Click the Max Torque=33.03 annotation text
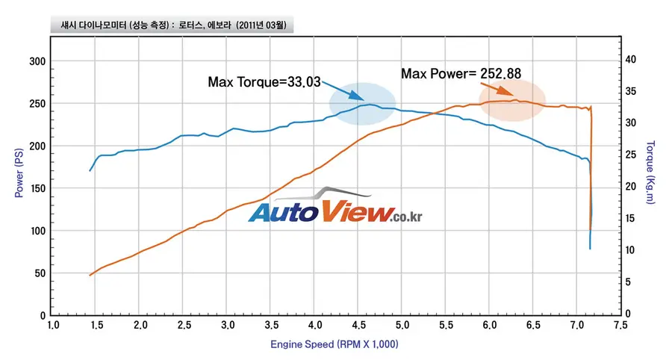point(264,82)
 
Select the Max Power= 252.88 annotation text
point(461,74)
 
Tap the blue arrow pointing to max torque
point(343,91)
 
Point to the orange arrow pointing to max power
point(497,89)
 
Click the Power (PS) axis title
point(19,173)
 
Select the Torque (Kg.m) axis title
point(650,173)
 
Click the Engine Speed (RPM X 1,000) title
point(335,344)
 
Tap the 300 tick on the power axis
point(37,61)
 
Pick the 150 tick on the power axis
point(37,188)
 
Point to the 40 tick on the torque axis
point(630,60)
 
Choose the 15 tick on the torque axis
point(630,218)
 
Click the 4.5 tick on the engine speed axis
point(358,326)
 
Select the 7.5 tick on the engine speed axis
point(620,326)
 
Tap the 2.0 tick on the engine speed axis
point(140,326)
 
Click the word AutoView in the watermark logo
point(321,211)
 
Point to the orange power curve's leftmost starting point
point(90,275)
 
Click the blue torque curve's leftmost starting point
point(90,171)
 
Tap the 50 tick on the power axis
point(40,273)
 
